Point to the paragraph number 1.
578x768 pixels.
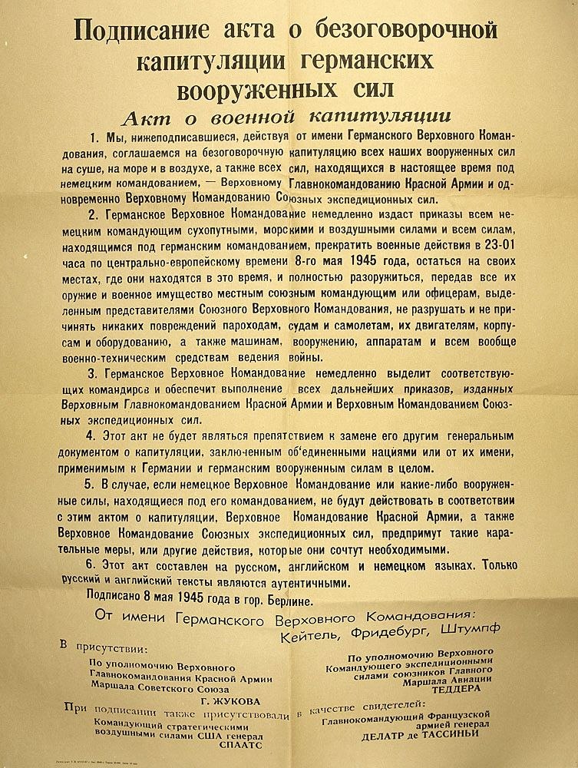[94, 137]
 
